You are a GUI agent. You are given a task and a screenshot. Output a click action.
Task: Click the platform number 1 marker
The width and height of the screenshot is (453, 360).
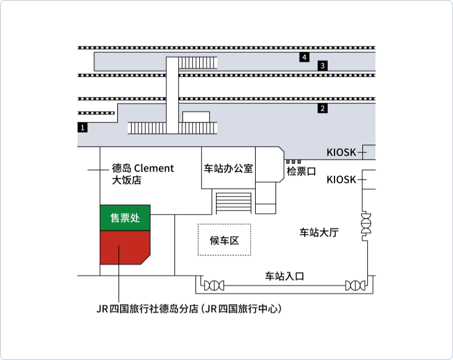(x=83, y=127)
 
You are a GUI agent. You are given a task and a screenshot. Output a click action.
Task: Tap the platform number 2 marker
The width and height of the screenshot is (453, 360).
(x=323, y=109)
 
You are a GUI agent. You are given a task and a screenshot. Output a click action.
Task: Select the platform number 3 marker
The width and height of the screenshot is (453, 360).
(x=323, y=66)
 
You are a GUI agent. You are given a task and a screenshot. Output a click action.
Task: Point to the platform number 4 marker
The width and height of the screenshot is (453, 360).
(x=304, y=57)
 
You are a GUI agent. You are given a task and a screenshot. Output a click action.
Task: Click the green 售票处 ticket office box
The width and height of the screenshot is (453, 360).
(x=125, y=218)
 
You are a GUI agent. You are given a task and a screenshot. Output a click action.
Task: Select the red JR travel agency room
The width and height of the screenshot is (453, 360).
(x=125, y=247)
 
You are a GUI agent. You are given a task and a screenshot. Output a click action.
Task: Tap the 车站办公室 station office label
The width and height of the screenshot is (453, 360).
(x=228, y=168)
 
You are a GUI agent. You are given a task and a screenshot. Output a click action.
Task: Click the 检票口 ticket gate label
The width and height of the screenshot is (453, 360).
(x=302, y=171)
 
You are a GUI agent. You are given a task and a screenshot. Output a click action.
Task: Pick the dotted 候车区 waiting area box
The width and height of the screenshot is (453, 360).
(x=225, y=240)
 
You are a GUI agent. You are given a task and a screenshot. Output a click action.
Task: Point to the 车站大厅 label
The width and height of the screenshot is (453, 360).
(x=319, y=232)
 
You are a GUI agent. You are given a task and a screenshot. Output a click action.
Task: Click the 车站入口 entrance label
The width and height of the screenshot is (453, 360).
(x=285, y=276)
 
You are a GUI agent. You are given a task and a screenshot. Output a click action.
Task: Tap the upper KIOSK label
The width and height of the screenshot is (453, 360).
(x=341, y=152)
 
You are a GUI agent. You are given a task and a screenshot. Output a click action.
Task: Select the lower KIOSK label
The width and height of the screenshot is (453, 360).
(x=341, y=180)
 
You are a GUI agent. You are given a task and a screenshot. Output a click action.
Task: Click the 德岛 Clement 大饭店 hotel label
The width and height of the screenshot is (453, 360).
(x=143, y=174)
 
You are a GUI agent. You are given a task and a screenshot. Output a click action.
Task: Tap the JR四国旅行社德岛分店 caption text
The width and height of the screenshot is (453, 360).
(x=189, y=308)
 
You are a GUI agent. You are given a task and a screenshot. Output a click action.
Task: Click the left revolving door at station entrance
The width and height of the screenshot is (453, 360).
(x=214, y=286)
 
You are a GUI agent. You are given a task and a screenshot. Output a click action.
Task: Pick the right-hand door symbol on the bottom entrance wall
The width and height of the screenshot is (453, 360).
(x=356, y=286)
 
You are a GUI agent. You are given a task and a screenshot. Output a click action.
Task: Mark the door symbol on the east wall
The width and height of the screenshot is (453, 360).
(x=366, y=223)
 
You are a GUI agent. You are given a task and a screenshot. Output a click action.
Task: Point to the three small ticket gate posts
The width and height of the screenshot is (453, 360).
(x=294, y=161)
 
